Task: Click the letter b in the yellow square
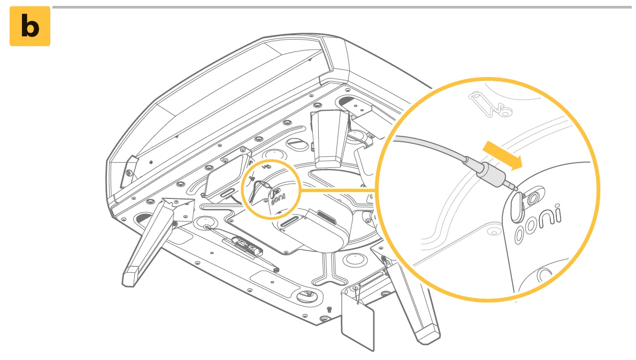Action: point(30,26)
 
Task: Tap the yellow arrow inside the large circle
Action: point(503,155)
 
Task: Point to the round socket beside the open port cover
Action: point(533,197)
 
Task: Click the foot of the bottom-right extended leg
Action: point(428,334)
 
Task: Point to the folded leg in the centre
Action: point(330,139)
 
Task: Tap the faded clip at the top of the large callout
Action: point(489,105)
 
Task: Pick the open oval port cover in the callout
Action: point(518,207)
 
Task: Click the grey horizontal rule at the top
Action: point(342,7)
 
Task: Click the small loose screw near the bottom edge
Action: point(329,310)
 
